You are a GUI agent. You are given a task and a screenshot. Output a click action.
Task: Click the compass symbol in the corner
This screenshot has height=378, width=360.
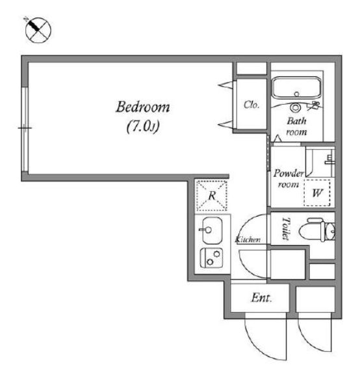[38, 30]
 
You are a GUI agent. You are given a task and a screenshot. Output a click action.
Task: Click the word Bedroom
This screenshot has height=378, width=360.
[143, 107]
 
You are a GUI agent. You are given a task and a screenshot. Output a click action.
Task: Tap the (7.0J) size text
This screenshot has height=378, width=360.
[143, 126]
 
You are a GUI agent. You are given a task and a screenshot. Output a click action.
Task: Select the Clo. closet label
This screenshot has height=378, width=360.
[251, 105]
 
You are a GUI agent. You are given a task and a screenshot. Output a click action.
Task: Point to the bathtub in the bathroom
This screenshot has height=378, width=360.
[297, 88]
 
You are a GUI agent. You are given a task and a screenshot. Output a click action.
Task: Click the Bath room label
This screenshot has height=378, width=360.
[297, 126]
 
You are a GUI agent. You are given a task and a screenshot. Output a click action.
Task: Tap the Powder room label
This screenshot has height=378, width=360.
[289, 179]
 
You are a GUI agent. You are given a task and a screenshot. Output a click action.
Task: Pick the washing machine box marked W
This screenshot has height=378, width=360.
[317, 193]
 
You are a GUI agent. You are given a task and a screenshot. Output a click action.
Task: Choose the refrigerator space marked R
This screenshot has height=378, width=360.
[212, 196]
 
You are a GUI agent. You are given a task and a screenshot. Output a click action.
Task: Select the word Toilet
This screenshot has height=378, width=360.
[286, 228]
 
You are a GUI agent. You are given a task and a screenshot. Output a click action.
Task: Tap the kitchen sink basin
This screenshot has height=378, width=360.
[212, 230]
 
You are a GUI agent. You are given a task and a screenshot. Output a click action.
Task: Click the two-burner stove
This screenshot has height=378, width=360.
[211, 258]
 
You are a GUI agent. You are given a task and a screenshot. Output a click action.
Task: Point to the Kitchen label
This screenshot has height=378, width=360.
[248, 239]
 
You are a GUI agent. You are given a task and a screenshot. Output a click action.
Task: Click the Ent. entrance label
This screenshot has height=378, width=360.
[261, 298]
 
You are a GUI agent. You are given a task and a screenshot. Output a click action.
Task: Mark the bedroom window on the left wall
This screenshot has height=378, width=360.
[25, 129]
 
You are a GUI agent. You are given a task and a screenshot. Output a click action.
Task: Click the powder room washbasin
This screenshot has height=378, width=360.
[329, 160]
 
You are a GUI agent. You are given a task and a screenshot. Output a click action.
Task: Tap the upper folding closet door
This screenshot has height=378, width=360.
[226, 85]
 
